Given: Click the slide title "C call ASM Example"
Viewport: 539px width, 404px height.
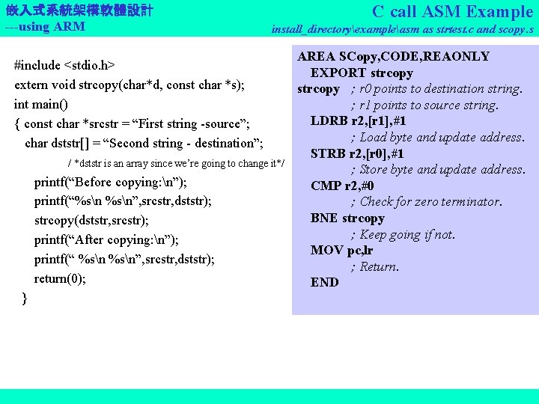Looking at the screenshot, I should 452,11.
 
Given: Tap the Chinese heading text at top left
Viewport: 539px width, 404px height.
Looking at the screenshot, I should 79,10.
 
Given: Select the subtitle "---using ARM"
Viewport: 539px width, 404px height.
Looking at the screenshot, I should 45,27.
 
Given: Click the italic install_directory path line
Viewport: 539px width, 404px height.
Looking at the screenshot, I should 402,30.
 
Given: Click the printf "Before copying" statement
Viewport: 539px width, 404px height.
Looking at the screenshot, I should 111,183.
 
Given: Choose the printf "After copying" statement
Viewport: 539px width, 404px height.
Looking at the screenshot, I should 106,240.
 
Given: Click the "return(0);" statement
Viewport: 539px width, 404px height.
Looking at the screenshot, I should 60,279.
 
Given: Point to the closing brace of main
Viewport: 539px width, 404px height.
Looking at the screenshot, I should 25,299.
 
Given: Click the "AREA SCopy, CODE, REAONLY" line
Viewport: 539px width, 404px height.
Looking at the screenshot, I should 393,57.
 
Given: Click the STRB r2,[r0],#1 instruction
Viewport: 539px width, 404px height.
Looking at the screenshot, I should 358,154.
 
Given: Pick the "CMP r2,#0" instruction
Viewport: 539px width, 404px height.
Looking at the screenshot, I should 342,186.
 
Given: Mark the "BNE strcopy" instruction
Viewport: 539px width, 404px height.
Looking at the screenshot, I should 347,218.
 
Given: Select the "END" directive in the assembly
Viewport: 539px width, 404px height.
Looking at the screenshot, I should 324,283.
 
